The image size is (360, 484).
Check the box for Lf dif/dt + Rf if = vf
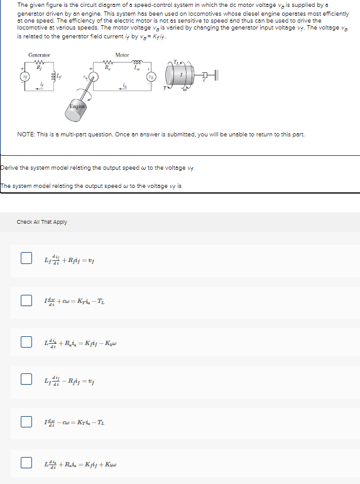click(26, 258)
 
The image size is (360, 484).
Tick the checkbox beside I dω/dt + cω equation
click(26, 300)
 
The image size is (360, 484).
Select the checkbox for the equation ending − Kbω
click(26, 342)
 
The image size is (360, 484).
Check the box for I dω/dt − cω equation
click(26, 422)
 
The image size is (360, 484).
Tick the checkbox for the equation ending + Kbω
click(26, 463)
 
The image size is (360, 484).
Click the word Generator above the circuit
click(39, 55)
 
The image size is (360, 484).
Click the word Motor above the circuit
click(123, 55)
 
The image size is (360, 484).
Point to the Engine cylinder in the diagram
click(78, 107)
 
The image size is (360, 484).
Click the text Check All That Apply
click(42, 222)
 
